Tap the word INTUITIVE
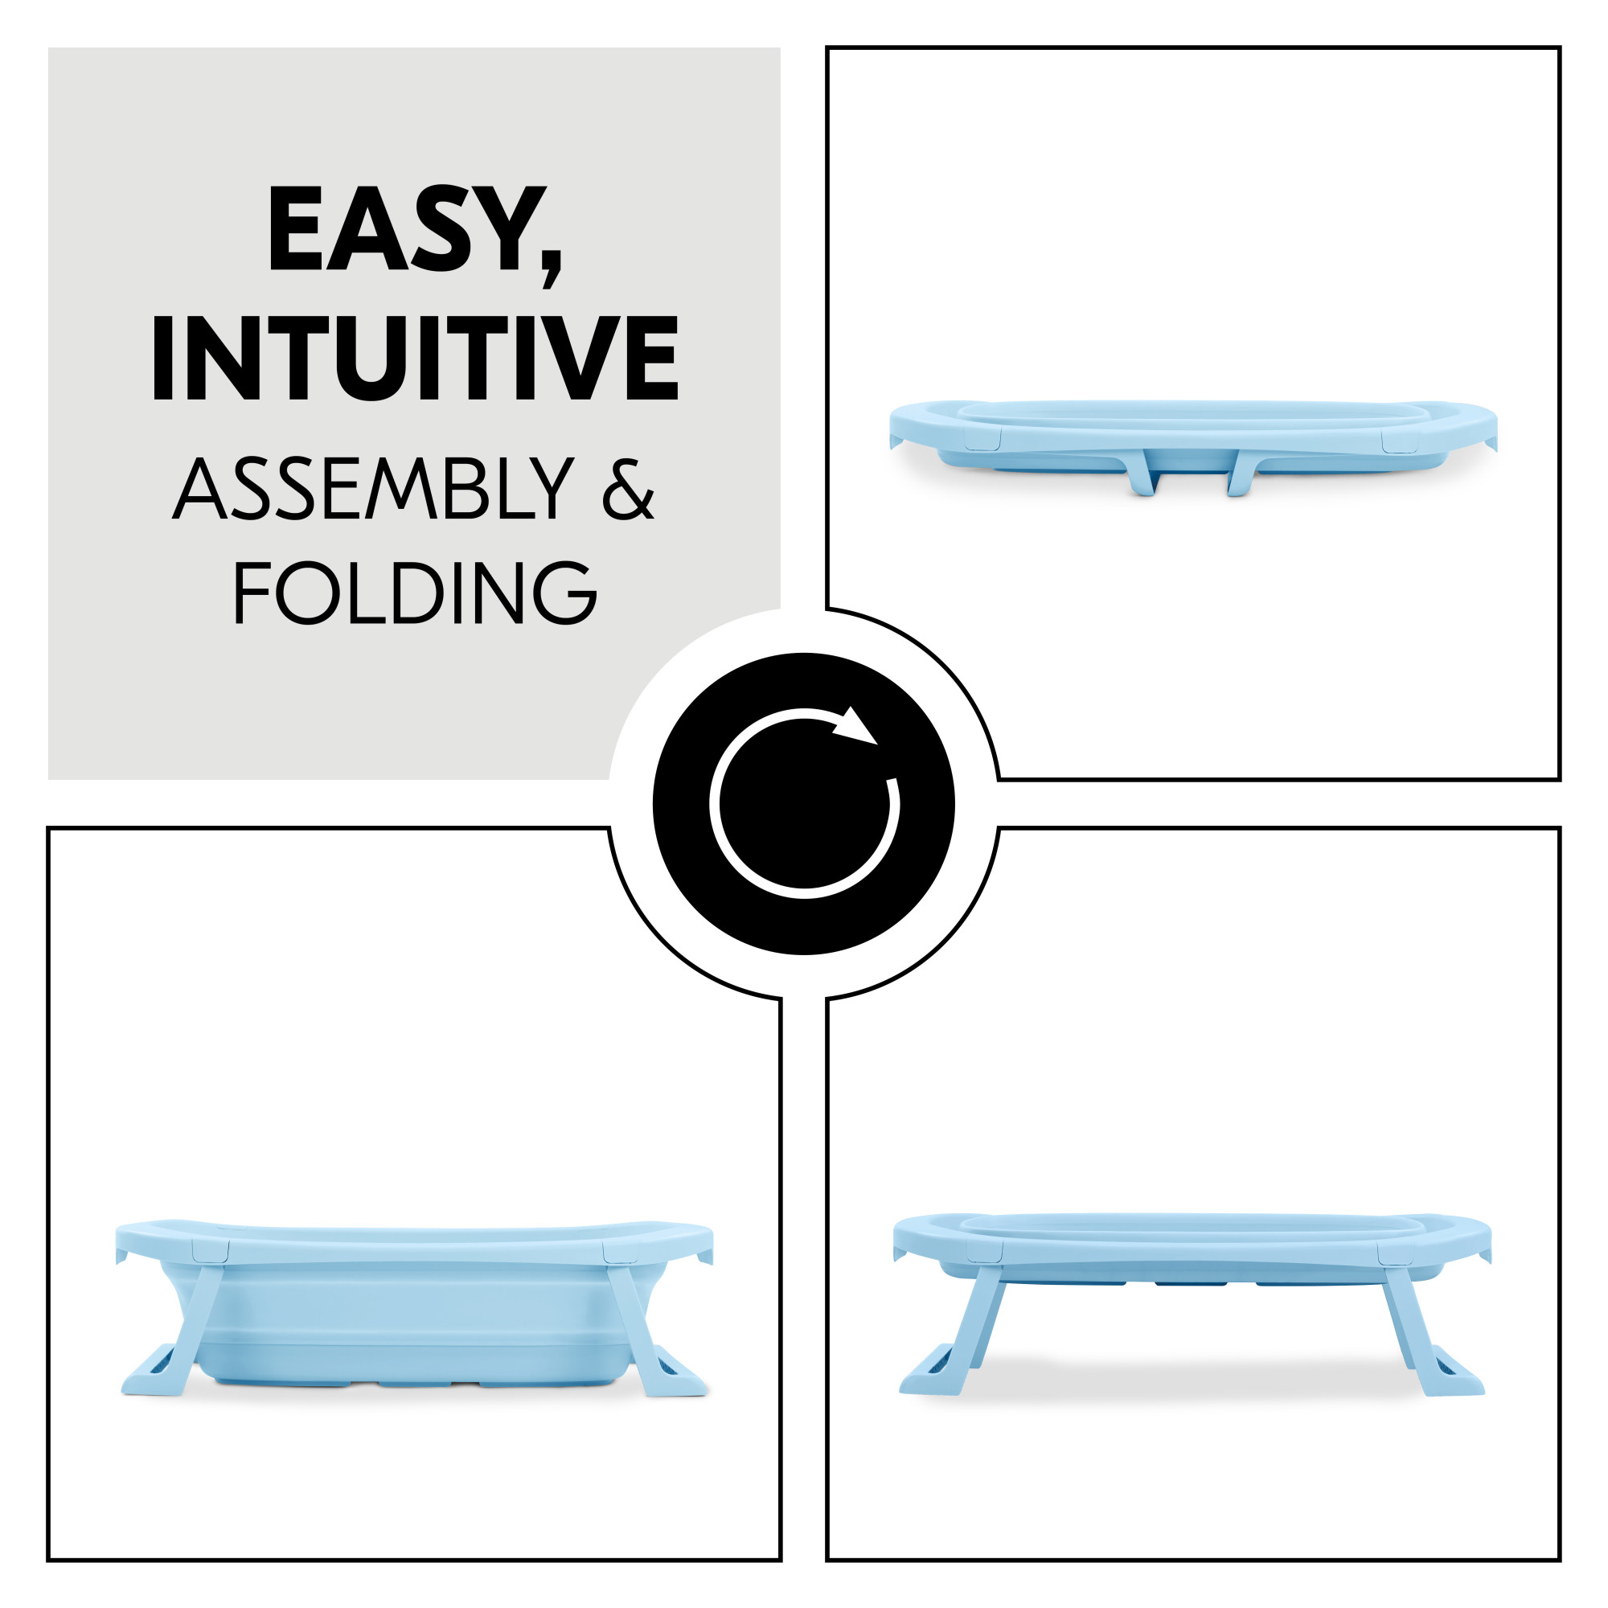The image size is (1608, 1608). pyautogui.click(x=415, y=358)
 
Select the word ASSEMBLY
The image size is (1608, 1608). pyautogui.click(x=374, y=489)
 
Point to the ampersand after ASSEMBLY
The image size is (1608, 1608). pyautogui.click(x=628, y=490)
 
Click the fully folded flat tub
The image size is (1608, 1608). pyautogui.click(x=1192, y=447)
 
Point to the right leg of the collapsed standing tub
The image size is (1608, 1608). pyautogui.click(x=1420, y=1329)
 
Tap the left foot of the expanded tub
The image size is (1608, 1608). pyautogui.click(x=154, y=1374)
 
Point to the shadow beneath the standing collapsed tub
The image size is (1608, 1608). pyautogui.click(x=1192, y=1375)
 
